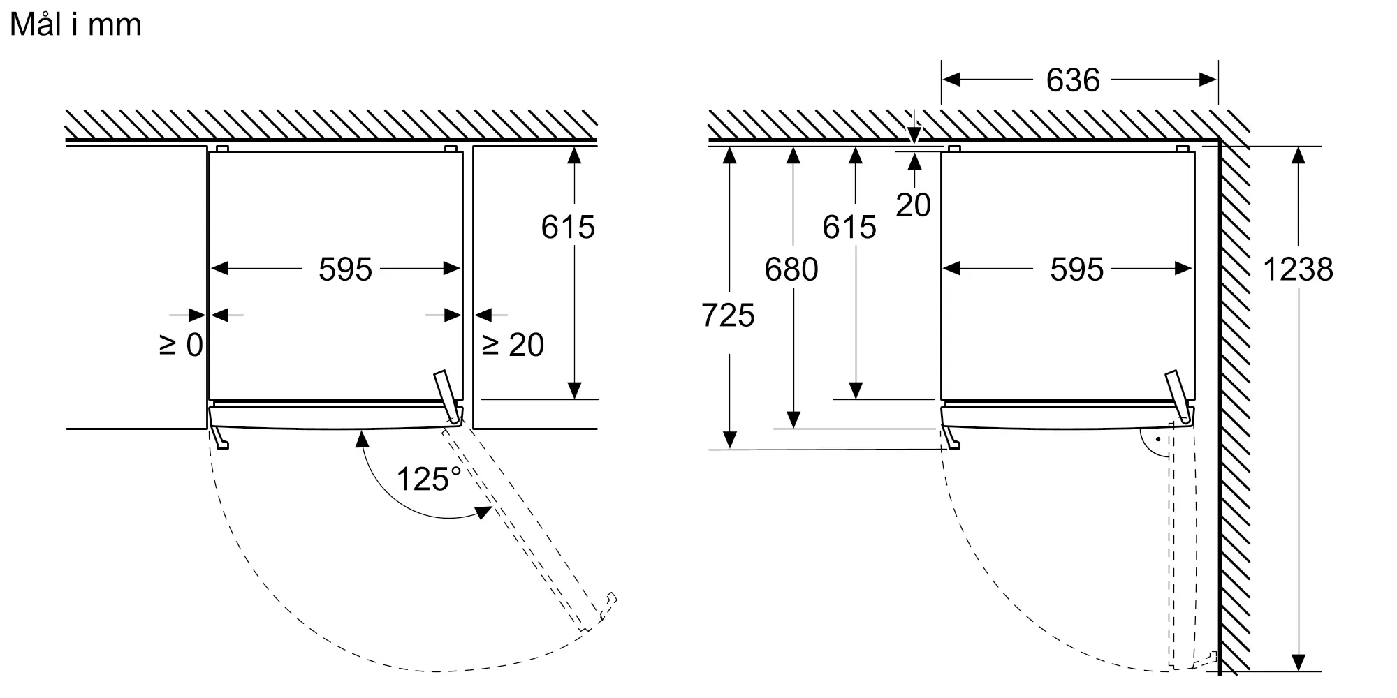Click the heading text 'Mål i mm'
75,24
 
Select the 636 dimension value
1073,80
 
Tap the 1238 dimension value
1298,269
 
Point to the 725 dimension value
728,315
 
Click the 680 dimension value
791,269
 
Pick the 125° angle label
429,479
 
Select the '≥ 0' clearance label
182,345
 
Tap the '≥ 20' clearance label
513,345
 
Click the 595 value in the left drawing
346,269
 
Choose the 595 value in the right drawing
1077,269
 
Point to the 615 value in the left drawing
568,227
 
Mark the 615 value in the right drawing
849,227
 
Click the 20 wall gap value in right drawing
914,205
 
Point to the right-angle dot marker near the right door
1157,440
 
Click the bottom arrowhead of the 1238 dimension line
1299,663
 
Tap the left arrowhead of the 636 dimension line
951,80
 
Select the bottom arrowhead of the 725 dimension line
729,440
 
